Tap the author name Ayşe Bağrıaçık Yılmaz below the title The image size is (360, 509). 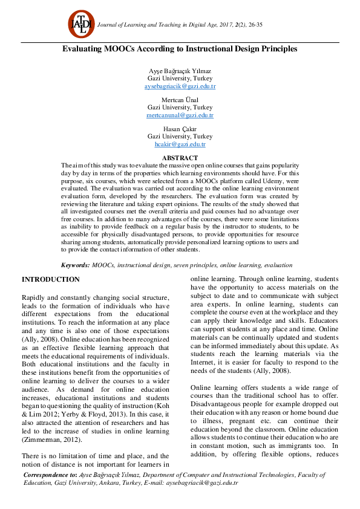[x=180, y=71]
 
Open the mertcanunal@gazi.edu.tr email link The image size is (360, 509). [x=180, y=115]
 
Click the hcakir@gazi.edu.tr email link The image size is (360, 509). [x=180, y=144]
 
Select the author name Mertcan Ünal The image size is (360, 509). [x=180, y=100]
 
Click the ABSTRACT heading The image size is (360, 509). [x=180, y=158]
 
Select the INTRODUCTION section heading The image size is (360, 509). [x=51, y=279]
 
